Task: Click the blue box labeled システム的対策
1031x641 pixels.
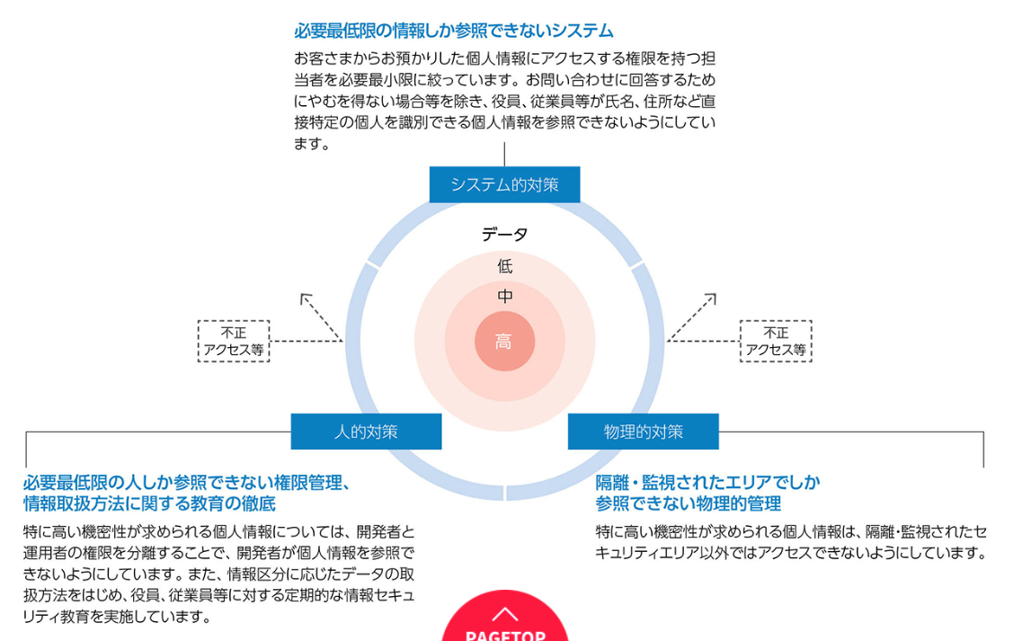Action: point(504,184)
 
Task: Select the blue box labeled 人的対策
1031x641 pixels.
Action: point(366,432)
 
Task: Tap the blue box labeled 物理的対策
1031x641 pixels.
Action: point(643,432)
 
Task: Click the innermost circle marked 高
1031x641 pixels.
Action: point(504,342)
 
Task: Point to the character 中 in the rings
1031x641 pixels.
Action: point(505,296)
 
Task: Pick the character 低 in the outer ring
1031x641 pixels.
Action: point(505,266)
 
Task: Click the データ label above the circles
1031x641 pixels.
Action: point(504,235)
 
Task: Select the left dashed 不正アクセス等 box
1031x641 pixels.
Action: point(234,342)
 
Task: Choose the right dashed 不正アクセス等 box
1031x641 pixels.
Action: point(776,342)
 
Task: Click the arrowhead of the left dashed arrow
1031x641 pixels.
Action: point(304,296)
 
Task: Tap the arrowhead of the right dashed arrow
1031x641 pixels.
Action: point(712,296)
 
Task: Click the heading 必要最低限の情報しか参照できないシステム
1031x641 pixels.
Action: point(454,31)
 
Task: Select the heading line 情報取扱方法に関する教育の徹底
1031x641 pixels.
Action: point(149,503)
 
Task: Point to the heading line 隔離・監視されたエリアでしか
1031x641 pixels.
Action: point(708,482)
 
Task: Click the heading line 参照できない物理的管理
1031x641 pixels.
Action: point(689,503)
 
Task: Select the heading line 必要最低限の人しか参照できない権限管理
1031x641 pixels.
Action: point(186,482)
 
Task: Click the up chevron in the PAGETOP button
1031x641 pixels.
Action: point(505,614)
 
